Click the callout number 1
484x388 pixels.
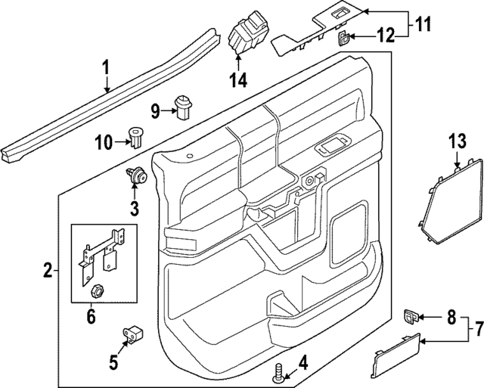[107, 69]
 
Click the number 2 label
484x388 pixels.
[47, 269]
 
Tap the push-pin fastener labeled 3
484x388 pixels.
[136, 178]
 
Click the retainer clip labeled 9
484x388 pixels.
[181, 107]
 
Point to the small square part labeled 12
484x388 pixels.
[343, 37]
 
